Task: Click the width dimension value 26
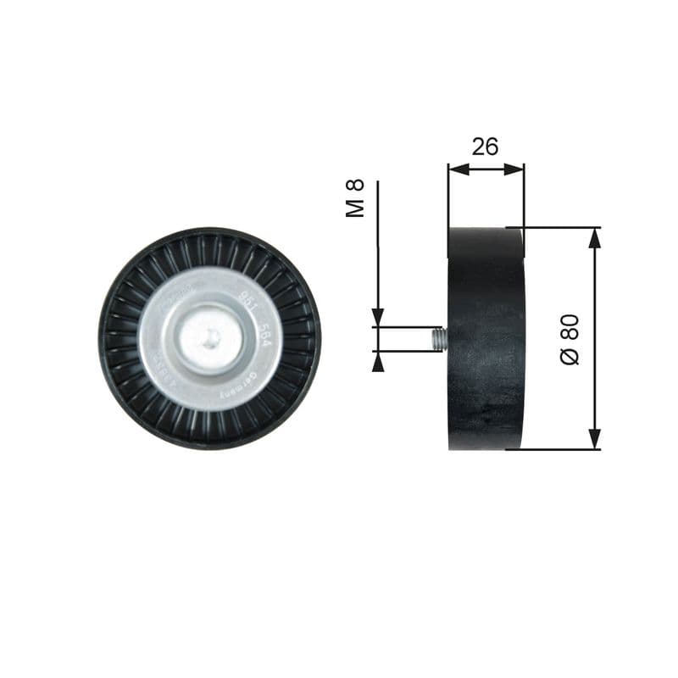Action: tap(485, 147)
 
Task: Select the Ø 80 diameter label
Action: tap(570, 339)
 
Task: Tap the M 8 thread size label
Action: tap(356, 197)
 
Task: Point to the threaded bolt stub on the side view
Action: tap(437, 339)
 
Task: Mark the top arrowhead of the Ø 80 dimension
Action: tap(595, 238)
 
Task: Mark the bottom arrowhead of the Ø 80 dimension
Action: tap(595, 439)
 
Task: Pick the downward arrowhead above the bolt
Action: tap(378, 318)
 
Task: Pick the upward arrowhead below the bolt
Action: tap(378, 362)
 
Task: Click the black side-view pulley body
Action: tap(486, 339)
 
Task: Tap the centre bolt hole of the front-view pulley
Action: tap(211, 338)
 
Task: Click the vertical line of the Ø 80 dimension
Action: tap(595, 339)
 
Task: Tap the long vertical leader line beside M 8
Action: tap(378, 246)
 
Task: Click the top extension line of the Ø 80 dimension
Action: tap(559, 228)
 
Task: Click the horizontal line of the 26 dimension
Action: tap(486, 169)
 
